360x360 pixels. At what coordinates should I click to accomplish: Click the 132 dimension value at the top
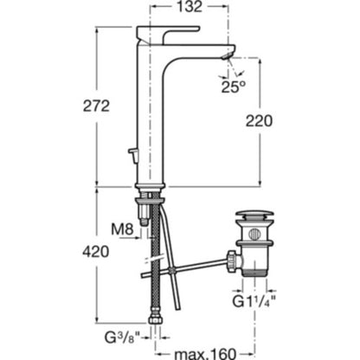190,7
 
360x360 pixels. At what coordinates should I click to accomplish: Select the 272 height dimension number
96,106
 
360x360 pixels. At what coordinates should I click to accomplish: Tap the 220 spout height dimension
259,121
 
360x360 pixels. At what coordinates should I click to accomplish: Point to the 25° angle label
233,87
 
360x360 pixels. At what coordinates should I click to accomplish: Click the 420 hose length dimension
96,252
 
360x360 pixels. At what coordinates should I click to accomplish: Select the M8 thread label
123,229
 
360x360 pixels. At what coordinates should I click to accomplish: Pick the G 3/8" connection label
122,337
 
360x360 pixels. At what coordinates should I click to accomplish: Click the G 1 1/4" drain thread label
254,302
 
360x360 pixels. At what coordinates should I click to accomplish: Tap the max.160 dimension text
205,354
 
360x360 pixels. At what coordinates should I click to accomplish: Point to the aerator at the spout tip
228,56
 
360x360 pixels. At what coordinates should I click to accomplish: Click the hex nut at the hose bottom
156,320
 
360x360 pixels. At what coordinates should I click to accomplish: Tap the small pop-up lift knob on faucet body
133,154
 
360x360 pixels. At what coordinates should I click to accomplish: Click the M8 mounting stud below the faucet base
145,209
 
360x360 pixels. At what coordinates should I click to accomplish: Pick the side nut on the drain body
231,261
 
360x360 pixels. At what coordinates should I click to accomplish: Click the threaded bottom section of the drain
255,272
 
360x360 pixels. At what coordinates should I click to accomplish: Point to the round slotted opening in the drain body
254,234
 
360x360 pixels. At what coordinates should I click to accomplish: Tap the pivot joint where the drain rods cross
172,271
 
